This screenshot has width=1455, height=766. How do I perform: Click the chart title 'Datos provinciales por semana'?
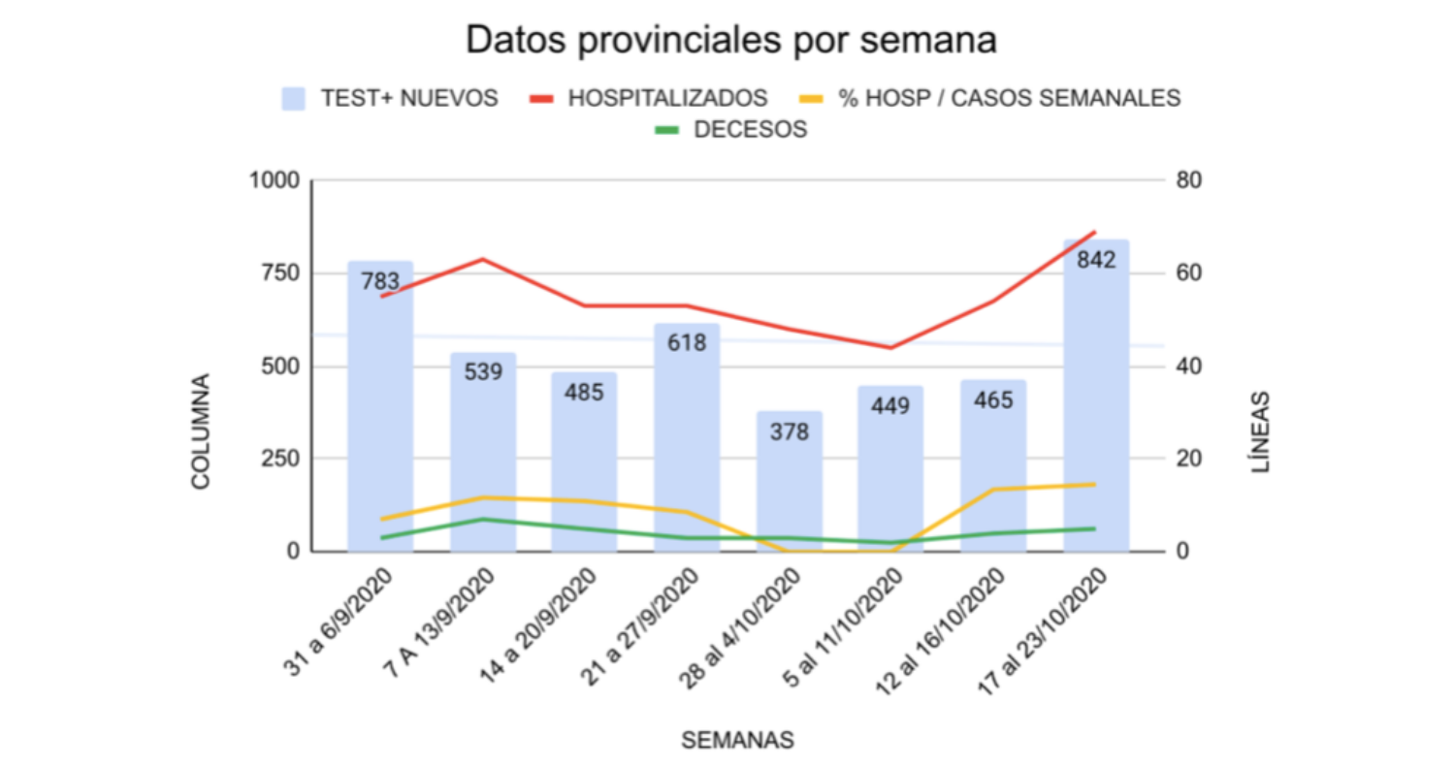click(x=731, y=42)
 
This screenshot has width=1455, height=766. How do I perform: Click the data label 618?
click(x=687, y=342)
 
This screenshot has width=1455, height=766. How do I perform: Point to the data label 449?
click(x=890, y=405)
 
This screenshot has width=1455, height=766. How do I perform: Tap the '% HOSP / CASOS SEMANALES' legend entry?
click(x=989, y=98)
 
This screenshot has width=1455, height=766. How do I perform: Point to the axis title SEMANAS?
click(x=737, y=740)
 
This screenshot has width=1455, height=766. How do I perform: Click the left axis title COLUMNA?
click(x=201, y=431)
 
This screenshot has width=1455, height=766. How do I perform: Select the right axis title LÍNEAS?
click(x=1260, y=431)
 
